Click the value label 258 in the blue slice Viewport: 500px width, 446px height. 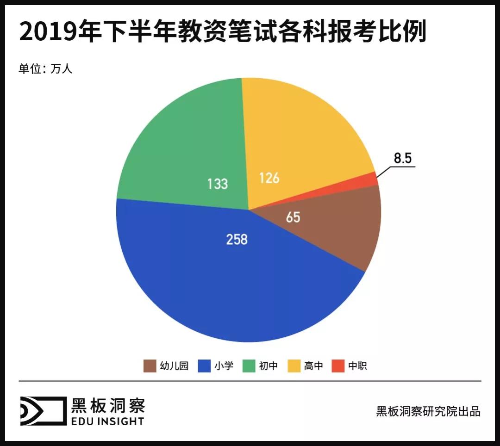[x=237, y=240]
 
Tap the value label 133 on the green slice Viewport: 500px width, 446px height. [x=217, y=184]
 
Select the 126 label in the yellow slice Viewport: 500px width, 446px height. [x=269, y=178]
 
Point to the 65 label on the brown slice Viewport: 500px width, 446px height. [x=293, y=217]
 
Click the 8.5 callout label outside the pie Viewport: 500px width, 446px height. [x=402, y=159]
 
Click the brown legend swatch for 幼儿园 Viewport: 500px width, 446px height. [x=149, y=366]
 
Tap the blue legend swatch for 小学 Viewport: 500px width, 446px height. [x=204, y=366]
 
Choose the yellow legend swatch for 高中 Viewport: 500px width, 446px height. [x=294, y=366]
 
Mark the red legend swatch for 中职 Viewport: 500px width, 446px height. [x=337, y=366]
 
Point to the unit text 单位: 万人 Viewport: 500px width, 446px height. [x=46, y=69]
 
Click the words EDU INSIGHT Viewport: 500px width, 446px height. [x=107, y=421]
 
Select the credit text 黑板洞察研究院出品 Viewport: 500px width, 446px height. [x=428, y=411]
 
